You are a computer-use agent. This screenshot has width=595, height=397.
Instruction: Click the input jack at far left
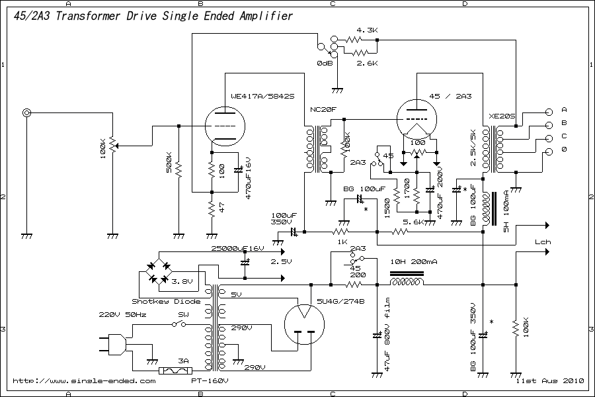[x=26, y=113]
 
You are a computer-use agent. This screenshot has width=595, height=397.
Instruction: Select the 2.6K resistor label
[x=366, y=64]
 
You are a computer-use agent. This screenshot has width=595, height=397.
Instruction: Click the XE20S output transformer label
[x=501, y=116]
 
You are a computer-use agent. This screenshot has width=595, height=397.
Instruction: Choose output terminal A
[x=564, y=109]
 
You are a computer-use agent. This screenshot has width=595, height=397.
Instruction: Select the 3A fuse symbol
[x=184, y=372]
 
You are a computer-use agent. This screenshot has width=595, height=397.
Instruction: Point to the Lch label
[x=543, y=242]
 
